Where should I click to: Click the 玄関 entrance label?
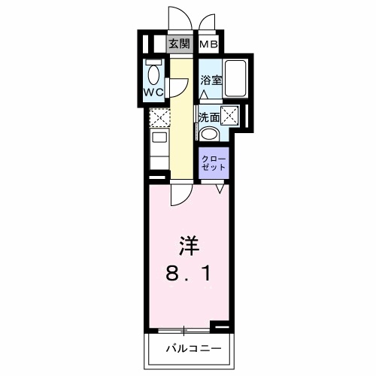[x=177, y=44]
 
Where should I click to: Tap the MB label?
[x=209, y=44]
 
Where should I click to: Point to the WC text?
[x=154, y=93]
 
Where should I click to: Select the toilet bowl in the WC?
[x=153, y=76]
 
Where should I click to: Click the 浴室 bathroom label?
[x=211, y=80]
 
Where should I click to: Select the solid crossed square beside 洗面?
[x=230, y=117]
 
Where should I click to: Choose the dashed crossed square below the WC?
[x=159, y=118]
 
